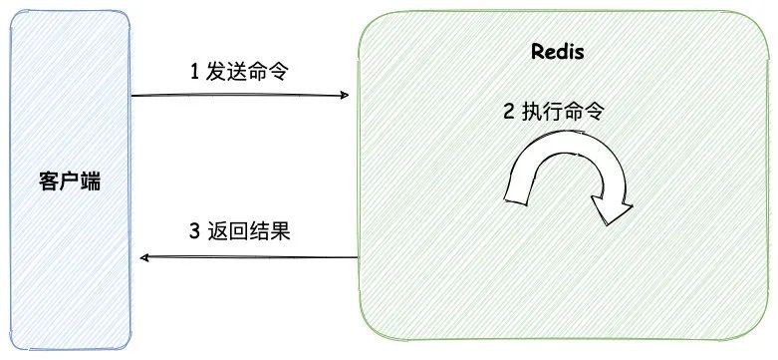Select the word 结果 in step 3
click(x=268, y=231)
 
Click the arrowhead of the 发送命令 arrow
click(x=345, y=96)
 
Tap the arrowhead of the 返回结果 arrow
click(x=145, y=257)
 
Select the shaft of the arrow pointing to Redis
click(x=239, y=96)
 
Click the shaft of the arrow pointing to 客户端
click(x=249, y=257)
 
